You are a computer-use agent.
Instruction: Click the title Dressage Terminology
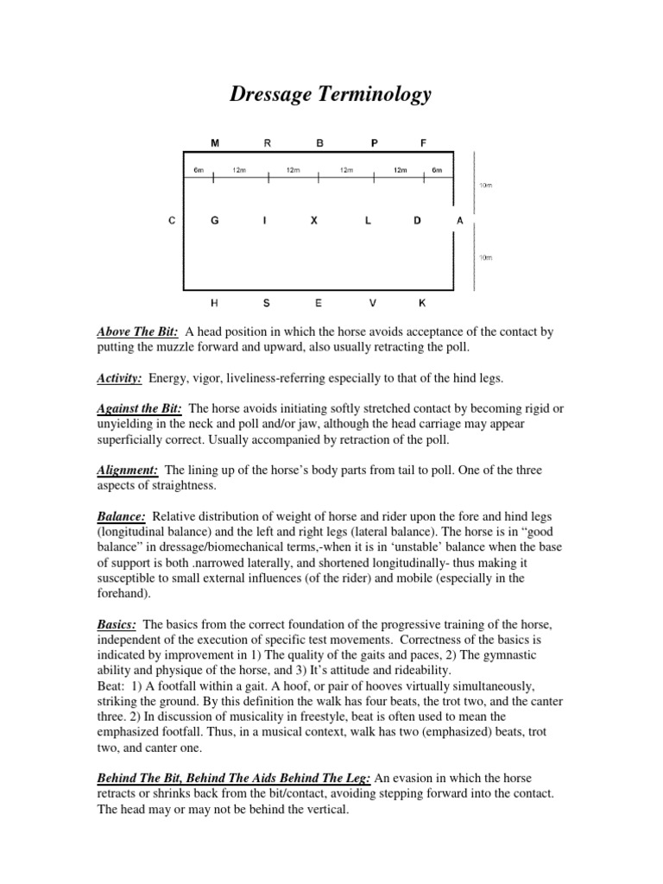point(330,94)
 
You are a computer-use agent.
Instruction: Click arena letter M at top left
point(215,143)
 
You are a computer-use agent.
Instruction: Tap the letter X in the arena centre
point(314,221)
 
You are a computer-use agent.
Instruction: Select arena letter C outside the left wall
point(172,221)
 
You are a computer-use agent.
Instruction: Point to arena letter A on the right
point(459,221)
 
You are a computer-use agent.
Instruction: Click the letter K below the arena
point(422,303)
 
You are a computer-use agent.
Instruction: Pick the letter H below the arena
point(215,303)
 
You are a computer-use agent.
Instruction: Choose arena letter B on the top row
point(319,143)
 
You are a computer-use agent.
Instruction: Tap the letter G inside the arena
point(215,221)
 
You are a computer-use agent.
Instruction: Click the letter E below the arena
point(318,303)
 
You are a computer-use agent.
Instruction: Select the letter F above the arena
point(423,143)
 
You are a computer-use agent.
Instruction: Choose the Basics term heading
point(117,624)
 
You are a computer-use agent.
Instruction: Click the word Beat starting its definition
point(110,672)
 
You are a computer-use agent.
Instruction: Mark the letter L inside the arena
point(368,221)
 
